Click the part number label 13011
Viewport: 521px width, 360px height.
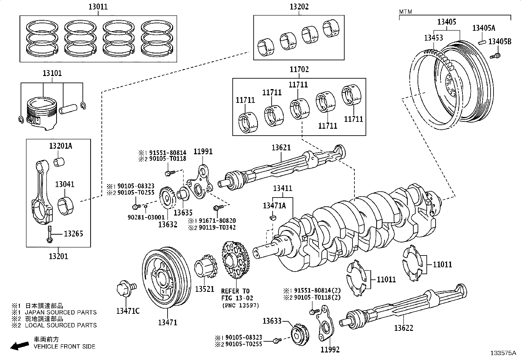tap(98, 7)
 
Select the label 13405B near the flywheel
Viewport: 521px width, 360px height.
tap(500, 42)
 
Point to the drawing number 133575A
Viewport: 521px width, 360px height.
tap(503, 353)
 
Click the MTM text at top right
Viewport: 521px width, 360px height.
tap(405, 12)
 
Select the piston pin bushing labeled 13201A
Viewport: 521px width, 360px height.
tap(60, 162)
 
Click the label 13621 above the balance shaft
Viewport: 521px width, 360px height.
tap(281, 148)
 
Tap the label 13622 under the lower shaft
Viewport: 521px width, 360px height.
tap(403, 328)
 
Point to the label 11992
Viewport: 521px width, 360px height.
tap(330, 350)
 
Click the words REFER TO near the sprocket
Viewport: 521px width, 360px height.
tap(235, 291)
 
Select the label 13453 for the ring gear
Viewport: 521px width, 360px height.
tap(433, 38)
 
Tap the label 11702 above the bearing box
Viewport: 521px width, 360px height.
tap(299, 69)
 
